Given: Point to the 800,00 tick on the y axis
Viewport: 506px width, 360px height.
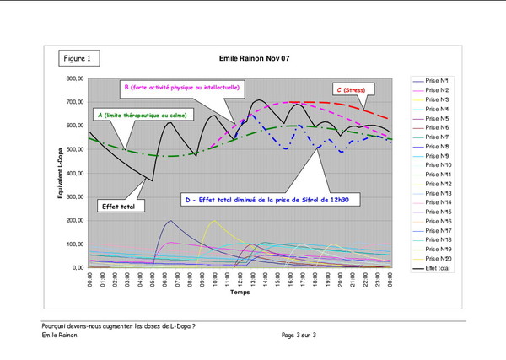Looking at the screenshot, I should (x=72, y=78).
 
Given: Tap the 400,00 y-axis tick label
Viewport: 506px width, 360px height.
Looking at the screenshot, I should (x=72, y=173).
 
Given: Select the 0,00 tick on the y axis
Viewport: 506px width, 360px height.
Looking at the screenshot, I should (x=75, y=267).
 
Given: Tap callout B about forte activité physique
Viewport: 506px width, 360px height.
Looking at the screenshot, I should (x=182, y=87).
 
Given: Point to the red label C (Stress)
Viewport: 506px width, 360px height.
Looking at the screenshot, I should (x=355, y=89).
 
